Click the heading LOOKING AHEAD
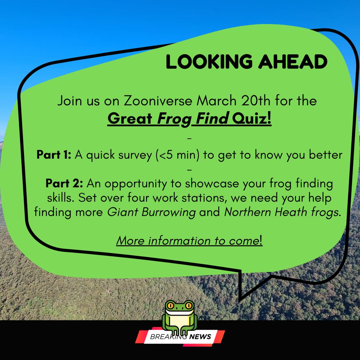click(x=246, y=62)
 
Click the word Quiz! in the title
click(x=252, y=119)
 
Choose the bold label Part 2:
click(x=65, y=184)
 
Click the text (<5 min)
click(x=178, y=155)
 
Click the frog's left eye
click(x=170, y=305)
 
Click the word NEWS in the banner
click(x=200, y=337)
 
